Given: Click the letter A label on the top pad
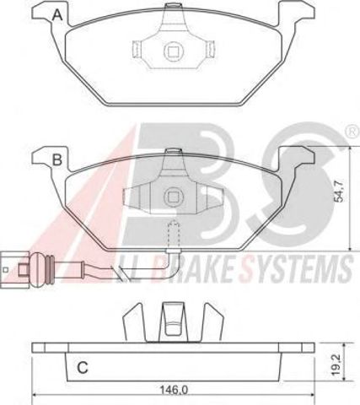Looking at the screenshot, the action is point(58,14).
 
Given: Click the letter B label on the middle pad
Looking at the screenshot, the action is point(57,159).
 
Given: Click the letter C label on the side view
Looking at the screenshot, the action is point(83,367).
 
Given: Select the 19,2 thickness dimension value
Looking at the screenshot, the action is point(336,365).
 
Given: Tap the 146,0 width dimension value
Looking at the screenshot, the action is point(174,390).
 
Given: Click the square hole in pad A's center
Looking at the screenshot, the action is point(173,51).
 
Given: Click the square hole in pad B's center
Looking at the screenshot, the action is point(173,197).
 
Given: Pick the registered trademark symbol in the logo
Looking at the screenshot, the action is point(352,132).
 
